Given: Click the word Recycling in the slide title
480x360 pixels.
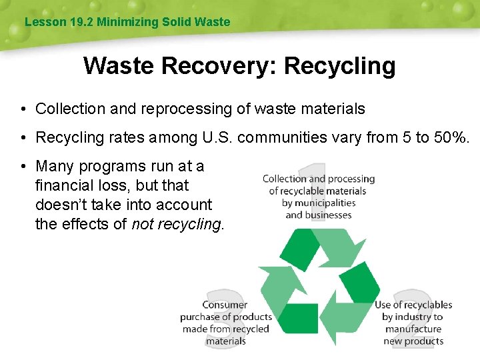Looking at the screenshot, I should pyautogui.click(x=340, y=66).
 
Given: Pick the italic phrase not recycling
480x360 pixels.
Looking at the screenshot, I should pyautogui.click(x=176, y=224).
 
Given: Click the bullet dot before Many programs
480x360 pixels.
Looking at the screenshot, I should pyautogui.click(x=23, y=166).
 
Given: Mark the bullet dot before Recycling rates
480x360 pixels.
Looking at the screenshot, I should pyautogui.click(x=23, y=137).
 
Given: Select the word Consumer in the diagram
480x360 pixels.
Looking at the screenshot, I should pyautogui.click(x=225, y=305).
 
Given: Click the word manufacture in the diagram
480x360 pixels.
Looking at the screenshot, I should pyautogui.click(x=413, y=329).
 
